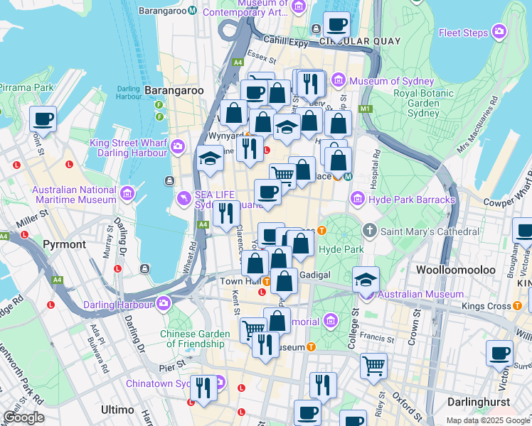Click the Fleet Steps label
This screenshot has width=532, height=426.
(x=462, y=33)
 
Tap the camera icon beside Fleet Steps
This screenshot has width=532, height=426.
(x=500, y=32)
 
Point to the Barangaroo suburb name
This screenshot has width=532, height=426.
(x=174, y=90)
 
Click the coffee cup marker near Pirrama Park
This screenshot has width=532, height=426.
(x=43, y=119)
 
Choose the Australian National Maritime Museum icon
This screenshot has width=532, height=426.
(x=127, y=192)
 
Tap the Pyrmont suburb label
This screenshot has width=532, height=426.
(x=64, y=244)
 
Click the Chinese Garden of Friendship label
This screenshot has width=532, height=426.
(x=196, y=339)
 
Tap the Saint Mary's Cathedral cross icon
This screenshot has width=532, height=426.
(x=369, y=231)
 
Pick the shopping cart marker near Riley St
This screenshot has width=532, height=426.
(x=373, y=366)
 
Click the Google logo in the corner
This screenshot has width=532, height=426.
(x=23, y=417)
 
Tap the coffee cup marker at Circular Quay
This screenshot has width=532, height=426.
(x=336, y=25)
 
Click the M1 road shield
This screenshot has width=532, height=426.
(x=366, y=109)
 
